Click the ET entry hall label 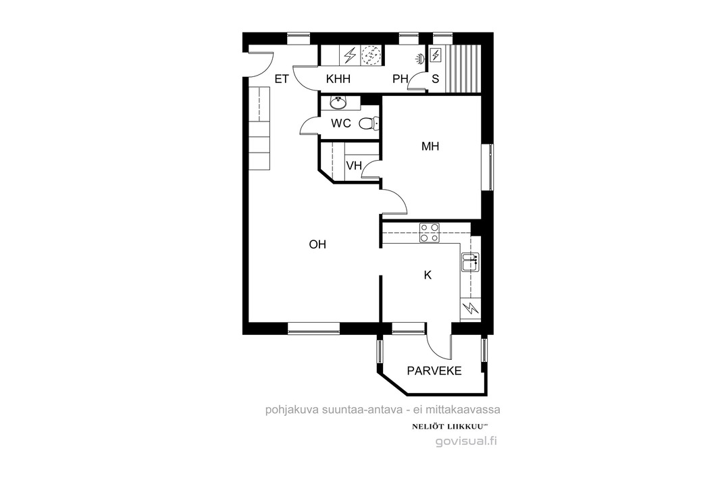tap(282, 79)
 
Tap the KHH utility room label tap(338, 79)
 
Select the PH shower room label tap(401, 79)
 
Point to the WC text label tap(341, 123)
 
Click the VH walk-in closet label tap(354, 165)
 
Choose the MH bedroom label tap(430, 146)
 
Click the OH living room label tap(317, 244)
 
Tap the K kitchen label tap(428, 275)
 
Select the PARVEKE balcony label tap(434, 371)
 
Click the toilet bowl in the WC tap(369, 123)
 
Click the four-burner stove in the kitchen tap(430, 233)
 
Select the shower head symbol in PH tap(420, 58)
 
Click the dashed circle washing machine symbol tap(371, 55)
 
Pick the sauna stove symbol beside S tap(436, 55)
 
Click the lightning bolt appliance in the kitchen tap(470, 309)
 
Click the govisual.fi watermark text tap(466, 442)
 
